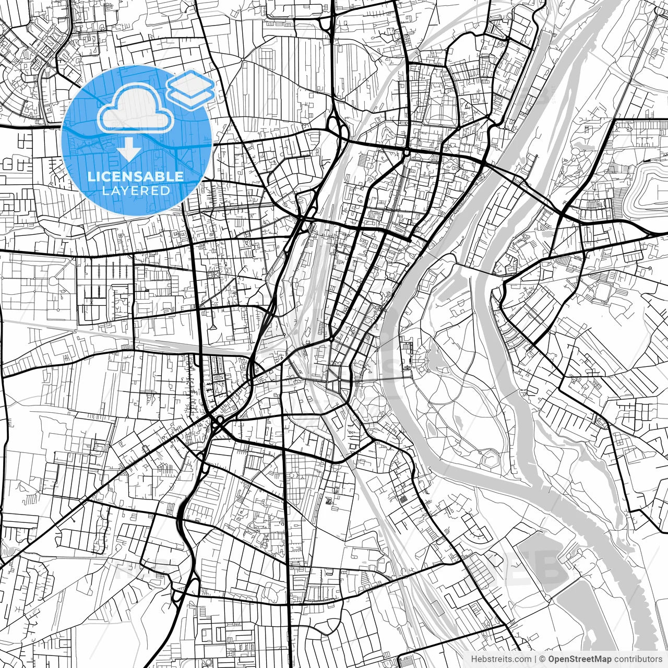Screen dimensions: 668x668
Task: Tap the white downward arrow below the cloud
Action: (129, 151)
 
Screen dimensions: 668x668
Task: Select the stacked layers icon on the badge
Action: (190, 89)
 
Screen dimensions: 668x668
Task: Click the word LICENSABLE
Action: (136, 176)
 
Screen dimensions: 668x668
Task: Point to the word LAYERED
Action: (136, 191)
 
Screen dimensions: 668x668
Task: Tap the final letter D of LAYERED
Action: (165, 191)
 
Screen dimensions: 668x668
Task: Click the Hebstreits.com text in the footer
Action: (501, 659)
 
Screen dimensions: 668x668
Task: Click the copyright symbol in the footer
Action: (543, 659)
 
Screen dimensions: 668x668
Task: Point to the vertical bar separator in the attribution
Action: (536, 659)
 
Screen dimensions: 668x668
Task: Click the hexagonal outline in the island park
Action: (491, 459)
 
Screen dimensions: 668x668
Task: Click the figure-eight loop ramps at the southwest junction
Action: (180, 590)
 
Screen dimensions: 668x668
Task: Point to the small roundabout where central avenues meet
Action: (332, 339)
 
